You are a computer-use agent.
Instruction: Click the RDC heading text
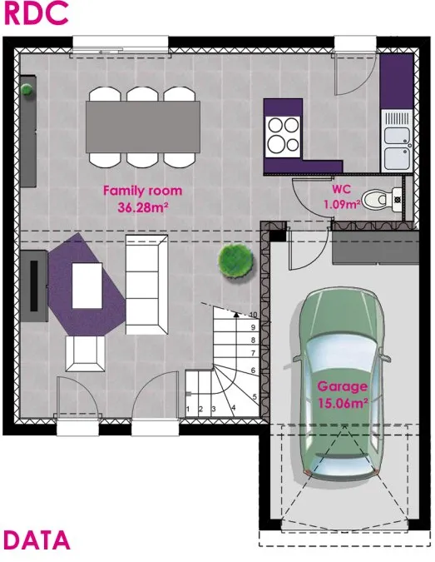36,13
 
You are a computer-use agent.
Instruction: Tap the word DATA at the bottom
37,540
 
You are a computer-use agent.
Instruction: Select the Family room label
142,191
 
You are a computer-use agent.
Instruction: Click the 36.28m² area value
143,206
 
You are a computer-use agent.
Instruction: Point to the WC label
341,188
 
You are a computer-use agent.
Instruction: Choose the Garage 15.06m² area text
343,395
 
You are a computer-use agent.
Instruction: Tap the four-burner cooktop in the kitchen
283,137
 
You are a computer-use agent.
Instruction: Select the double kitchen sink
397,140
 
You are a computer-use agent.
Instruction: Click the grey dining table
142,127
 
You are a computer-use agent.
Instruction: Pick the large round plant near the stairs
236,261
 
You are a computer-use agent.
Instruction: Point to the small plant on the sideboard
27,89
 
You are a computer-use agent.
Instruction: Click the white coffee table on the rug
87,286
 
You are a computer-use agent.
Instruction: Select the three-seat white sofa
146,285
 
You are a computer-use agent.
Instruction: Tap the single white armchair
85,354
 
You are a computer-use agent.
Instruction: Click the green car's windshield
342,355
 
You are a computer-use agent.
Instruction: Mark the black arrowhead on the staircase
236,315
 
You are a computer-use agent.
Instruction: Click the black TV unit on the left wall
34,286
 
